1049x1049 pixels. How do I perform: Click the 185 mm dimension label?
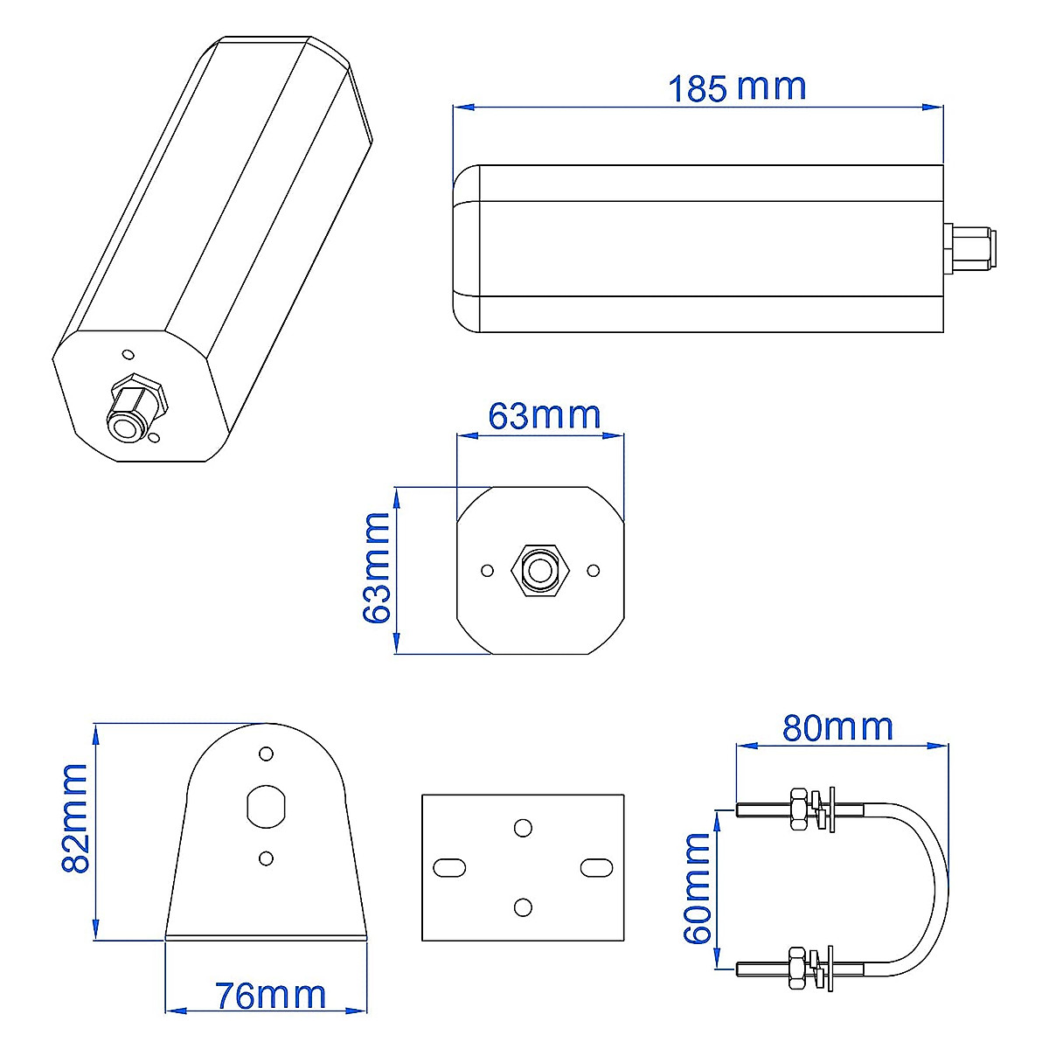click(736, 87)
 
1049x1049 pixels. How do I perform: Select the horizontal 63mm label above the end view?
click(544, 415)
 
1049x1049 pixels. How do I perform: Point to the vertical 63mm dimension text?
click(378, 568)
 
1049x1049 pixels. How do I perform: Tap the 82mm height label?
click(75, 817)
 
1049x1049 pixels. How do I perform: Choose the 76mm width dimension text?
click(271, 996)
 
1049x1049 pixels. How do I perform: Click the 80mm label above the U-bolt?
click(837, 727)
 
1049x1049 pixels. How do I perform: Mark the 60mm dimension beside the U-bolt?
click(698, 888)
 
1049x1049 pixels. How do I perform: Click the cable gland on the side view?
click(969, 247)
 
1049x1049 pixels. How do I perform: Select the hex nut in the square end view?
click(540, 571)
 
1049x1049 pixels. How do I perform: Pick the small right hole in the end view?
click(594, 571)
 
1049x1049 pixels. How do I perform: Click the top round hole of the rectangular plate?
click(523, 827)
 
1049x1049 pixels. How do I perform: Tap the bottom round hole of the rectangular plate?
click(523, 907)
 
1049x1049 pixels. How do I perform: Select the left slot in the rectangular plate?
click(449, 867)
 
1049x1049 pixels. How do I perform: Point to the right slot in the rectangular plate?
click(596, 867)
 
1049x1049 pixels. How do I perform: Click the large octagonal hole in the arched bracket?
click(266, 805)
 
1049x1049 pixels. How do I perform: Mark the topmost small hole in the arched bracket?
click(266, 753)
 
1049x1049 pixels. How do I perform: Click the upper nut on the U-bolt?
click(797, 809)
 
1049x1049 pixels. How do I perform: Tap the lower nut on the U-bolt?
click(797, 969)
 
